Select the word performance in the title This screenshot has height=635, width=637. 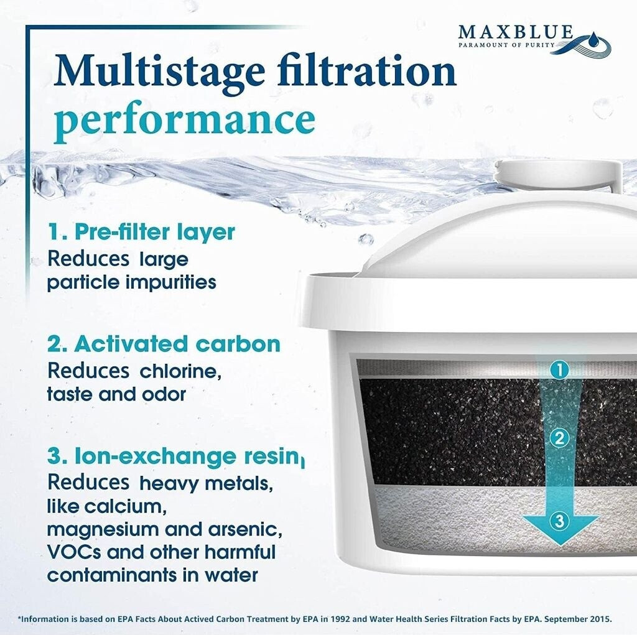click(184, 120)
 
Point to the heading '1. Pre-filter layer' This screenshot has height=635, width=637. click(141, 232)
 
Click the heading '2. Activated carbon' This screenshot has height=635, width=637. click(164, 344)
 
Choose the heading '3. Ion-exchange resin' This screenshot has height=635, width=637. click(175, 456)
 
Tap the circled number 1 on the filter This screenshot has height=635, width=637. click(559, 370)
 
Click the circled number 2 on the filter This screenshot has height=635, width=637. click(559, 438)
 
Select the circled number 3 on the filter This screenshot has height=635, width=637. click(559, 521)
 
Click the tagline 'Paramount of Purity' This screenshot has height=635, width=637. click(506, 45)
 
